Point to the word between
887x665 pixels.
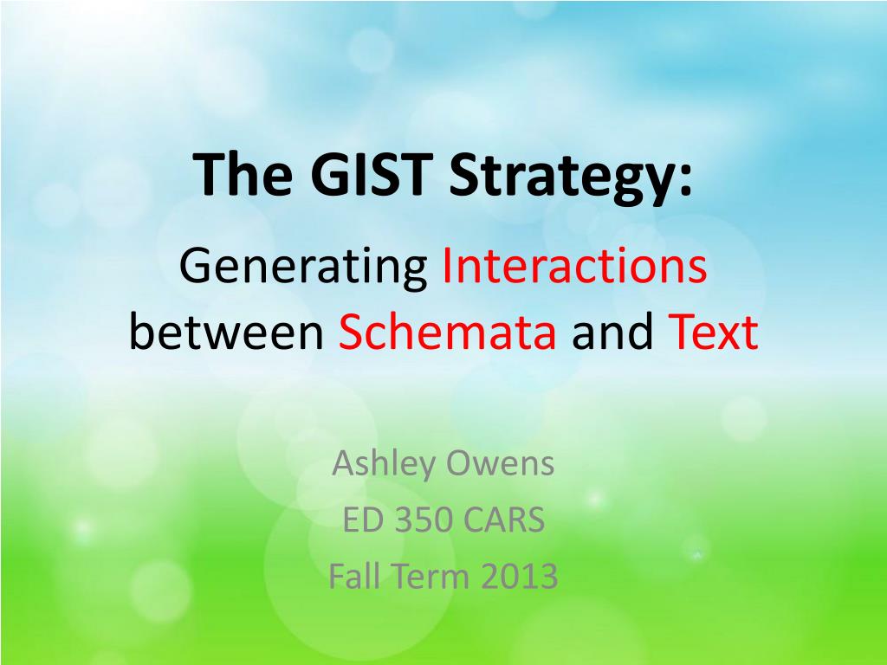(226, 333)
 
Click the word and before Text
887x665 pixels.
(612, 333)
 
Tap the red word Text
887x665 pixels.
(713, 333)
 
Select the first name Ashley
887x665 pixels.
(383, 466)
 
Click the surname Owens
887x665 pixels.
(500, 464)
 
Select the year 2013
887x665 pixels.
(516, 576)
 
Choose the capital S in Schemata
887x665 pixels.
(348, 333)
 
